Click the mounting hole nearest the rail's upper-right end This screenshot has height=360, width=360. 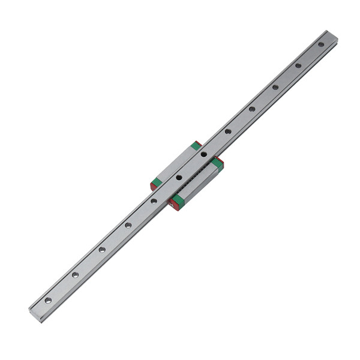coord(321,44)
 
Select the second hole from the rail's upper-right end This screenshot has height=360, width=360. coord(298,65)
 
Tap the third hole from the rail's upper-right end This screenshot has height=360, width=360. coord(275,87)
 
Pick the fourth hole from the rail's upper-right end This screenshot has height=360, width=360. coord(252,109)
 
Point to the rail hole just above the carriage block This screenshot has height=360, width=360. coord(228,131)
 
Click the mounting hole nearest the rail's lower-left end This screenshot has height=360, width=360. coord(48,299)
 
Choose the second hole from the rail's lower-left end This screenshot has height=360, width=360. coord(75,275)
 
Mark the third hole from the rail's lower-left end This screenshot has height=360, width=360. coord(102,250)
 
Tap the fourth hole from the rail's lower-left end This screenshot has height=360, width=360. coord(128,226)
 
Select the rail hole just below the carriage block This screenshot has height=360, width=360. coord(154,201)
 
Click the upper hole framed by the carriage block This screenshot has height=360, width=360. coord(204,154)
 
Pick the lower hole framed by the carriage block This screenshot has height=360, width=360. coord(179,178)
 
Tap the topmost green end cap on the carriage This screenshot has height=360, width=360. coord(196,146)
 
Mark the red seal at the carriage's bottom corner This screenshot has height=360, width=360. coord(173,205)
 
